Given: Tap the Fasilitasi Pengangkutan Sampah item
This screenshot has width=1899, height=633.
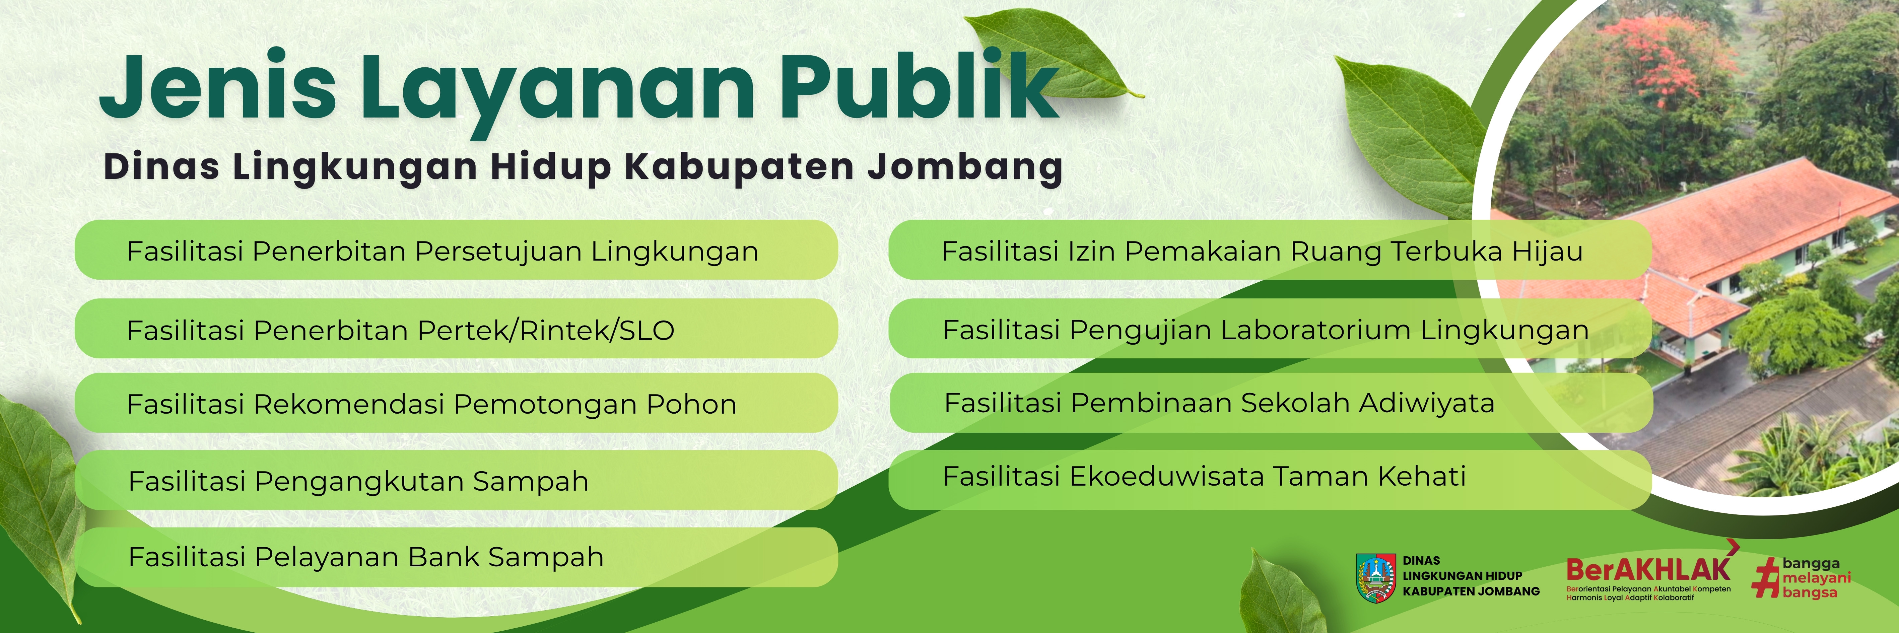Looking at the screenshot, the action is (456, 481).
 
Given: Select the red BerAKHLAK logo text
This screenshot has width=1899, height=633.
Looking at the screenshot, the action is (1648, 569).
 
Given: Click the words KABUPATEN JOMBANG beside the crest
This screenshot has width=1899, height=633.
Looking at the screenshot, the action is (1471, 591).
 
